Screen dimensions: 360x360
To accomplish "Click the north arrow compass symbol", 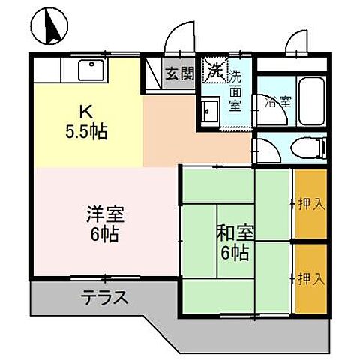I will coord(52,25).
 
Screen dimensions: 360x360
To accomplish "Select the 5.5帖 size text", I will coord(86,133).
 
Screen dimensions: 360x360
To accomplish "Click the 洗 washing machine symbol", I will coord(215,72).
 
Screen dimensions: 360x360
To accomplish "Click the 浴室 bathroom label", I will coord(271,100).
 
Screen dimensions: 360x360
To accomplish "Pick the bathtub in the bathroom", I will coord(310,102).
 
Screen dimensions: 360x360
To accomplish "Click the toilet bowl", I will coord(307,148).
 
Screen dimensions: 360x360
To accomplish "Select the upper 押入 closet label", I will coord(310,204).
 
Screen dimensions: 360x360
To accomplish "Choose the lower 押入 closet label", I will coord(310,279).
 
